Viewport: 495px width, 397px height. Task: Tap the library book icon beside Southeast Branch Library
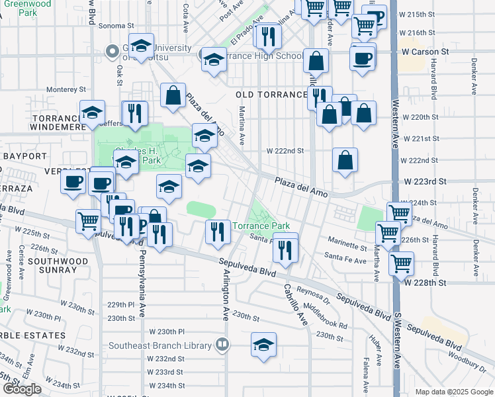[223, 344]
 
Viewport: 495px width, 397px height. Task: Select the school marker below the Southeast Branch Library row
[263, 345]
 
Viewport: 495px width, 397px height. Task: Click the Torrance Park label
[260, 226]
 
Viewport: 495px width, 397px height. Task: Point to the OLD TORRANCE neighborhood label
[271, 95]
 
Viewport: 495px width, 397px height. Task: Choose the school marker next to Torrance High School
[213, 60]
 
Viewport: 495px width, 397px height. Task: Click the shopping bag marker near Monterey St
[173, 95]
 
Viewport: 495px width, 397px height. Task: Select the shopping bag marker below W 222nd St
[345, 160]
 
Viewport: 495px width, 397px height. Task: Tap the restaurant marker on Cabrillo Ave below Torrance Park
[285, 249]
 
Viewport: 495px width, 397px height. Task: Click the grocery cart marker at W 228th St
[401, 263]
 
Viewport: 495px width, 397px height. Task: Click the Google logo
[22, 389]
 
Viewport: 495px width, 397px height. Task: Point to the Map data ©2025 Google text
[454, 392]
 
